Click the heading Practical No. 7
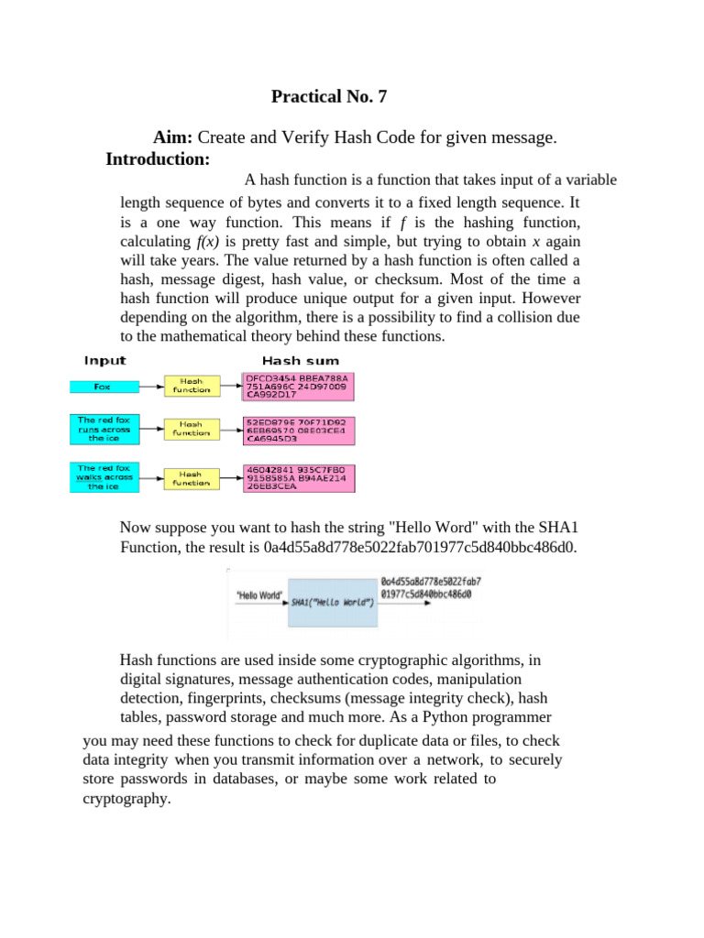pyautogui.click(x=338, y=96)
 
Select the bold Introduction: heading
pyautogui.click(x=158, y=159)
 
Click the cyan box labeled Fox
pyautogui.click(x=103, y=387)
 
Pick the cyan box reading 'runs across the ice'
pyautogui.click(x=103, y=429)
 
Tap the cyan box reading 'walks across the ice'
pyautogui.click(x=103, y=477)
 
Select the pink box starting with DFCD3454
pyautogui.click(x=298, y=386)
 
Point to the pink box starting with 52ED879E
pyautogui.click(x=298, y=431)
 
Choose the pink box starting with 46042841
pyautogui.click(x=298, y=478)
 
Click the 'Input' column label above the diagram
pyautogui.click(x=105, y=360)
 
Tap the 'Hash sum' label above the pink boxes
pyautogui.click(x=301, y=361)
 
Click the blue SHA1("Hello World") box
pyautogui.click(x=332, y=602)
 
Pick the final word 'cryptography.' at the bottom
pyautogui.click(x=126, y=799)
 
